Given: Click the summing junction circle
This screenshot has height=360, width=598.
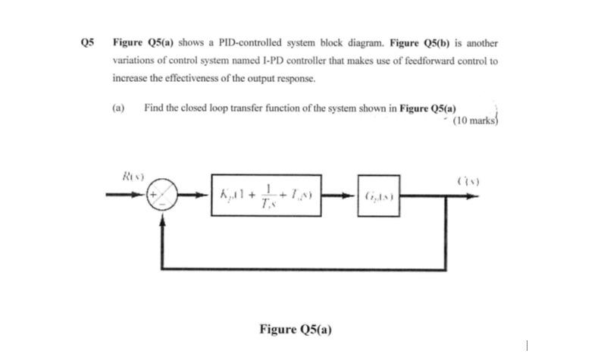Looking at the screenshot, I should [162, 196].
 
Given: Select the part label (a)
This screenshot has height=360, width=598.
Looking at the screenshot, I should [118, 108].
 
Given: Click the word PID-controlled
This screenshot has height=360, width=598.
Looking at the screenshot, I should [231, 43].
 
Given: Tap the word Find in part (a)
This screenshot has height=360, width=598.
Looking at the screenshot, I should [154, 108].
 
